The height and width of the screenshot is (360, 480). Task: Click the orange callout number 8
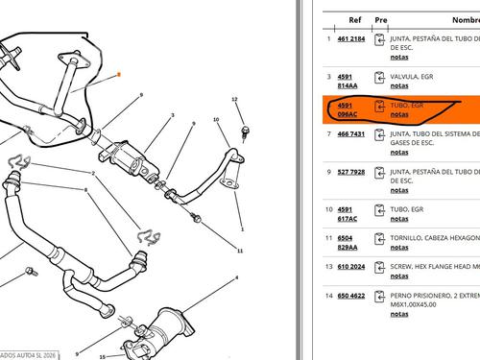[117, 73]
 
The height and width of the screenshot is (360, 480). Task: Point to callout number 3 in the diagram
[172, 115]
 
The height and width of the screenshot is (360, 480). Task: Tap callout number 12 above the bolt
[233, 99]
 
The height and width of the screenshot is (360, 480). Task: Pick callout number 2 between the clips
[93, 173]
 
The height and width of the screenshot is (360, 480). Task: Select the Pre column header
[380, 17]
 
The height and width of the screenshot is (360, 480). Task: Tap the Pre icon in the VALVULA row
[380, 80]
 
